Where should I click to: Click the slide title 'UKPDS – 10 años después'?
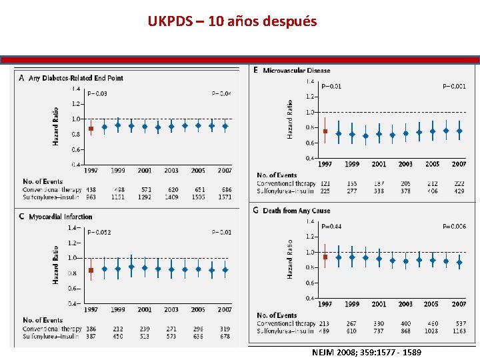tap(232, 21)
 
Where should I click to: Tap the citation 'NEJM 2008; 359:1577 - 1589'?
tap(366, 351)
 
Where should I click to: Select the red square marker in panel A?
tap(91, 129)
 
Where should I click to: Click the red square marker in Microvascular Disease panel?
tap(325, 131)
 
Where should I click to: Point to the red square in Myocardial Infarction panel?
tap(91, 270)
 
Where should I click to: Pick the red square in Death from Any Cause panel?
tap(325, 257)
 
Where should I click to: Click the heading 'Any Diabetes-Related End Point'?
tap(75, 78)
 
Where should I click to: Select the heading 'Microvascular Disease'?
tap(296, 71)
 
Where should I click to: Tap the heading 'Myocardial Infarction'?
tap(60, 217)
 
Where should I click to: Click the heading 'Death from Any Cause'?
tap(296, 211)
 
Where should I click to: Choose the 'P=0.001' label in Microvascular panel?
tap(454, 86)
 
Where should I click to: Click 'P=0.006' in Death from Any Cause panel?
tap(454, 226)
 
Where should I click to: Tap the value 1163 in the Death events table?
tap(459, 331)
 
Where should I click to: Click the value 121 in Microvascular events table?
tap(325, 183)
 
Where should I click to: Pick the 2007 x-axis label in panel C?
tap(225, 309)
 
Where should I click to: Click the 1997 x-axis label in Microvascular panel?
tap(325, 164)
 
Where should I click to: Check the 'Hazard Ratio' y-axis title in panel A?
tap(55, 126)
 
